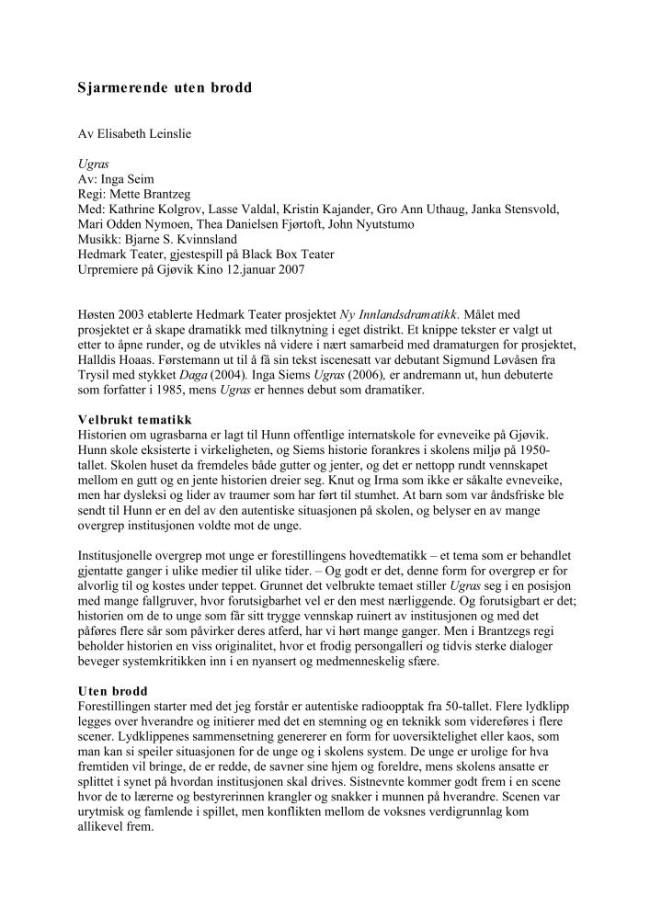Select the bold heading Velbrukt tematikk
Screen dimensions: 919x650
coord(134,419)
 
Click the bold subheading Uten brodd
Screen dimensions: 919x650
coord(111,690)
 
